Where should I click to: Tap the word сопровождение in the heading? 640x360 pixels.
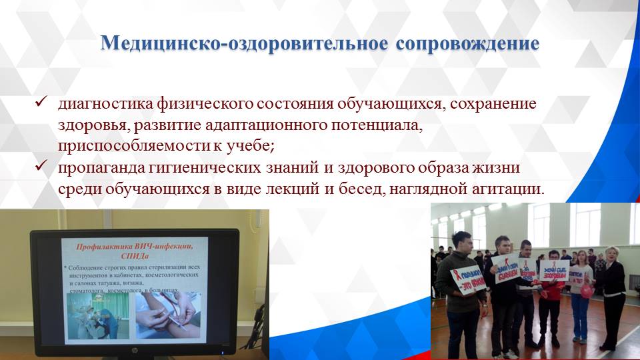[x=467, y=43]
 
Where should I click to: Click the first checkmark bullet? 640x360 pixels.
[x=40, y=103]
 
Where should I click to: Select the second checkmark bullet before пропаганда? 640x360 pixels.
[x=40, y=165]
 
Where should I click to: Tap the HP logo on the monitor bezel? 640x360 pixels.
[x=137, y=348]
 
